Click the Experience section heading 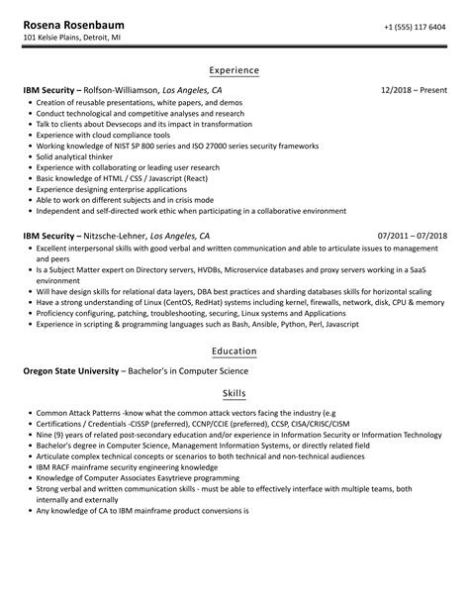coord(234,70)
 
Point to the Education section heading coord(234,352)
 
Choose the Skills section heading coord(234,394)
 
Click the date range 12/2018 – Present coord(413,90)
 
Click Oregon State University coord(70,371)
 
